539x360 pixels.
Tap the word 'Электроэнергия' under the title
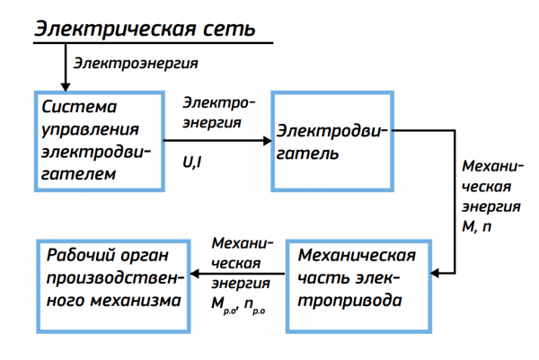click(x=136, y=64)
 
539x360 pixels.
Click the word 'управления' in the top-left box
click(x=85, y=130)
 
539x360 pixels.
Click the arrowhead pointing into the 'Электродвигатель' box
click(x=267, y=140)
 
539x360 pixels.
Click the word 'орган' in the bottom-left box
click(x=142, y=255)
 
